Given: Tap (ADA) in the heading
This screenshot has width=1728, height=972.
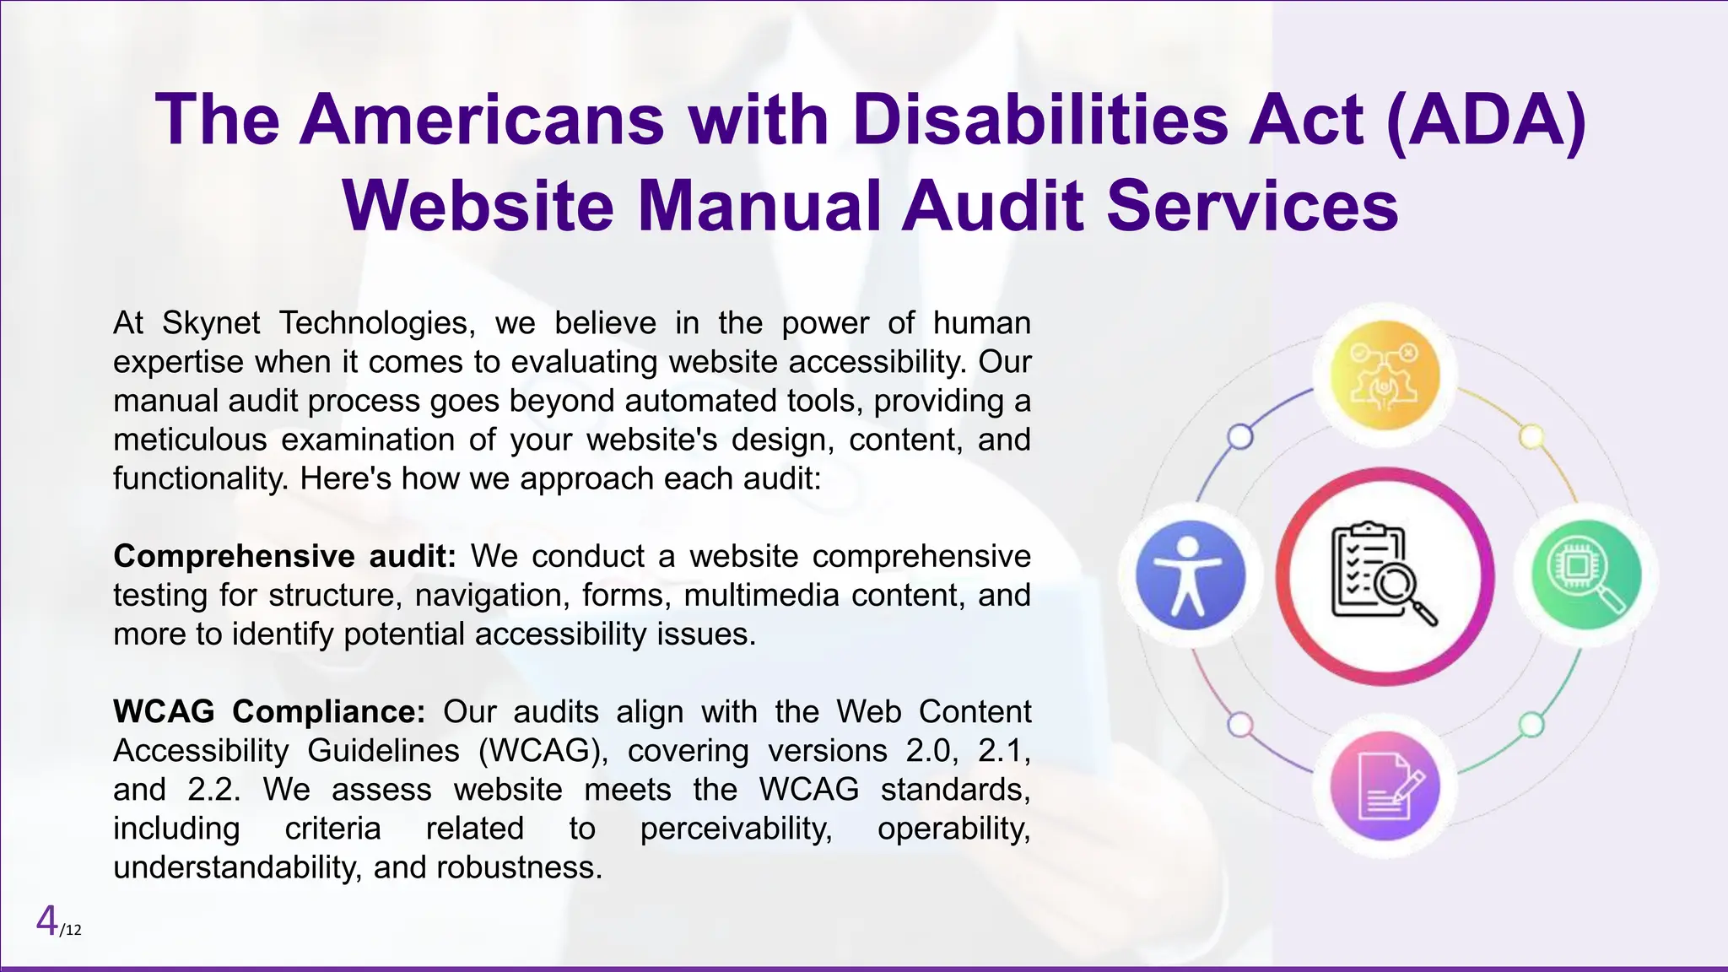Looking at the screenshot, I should coord(1486,120).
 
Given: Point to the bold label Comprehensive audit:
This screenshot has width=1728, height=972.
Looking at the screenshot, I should coord(284,557).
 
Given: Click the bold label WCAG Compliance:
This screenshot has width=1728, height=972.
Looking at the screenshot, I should coord(269,712).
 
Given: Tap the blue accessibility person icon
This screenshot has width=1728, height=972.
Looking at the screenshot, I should coord(1190,575).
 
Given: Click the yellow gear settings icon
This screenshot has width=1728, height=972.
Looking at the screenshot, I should coord(1385,375).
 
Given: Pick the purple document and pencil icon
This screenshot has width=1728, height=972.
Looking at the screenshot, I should coord(1385,786).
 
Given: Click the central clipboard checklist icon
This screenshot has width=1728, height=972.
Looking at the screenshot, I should coord(1384,575).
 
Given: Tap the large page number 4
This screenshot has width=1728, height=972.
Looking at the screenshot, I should coord(47,921).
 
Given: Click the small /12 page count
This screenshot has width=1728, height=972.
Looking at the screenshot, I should coord(71,931).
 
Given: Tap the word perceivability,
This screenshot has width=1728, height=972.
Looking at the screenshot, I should coord(736,829).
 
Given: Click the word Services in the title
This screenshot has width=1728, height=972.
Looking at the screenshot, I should coord(1252,207).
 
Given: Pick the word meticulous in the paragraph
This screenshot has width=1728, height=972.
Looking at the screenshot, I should coord(190,440).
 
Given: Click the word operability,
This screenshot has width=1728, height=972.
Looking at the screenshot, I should coord(953,829).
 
